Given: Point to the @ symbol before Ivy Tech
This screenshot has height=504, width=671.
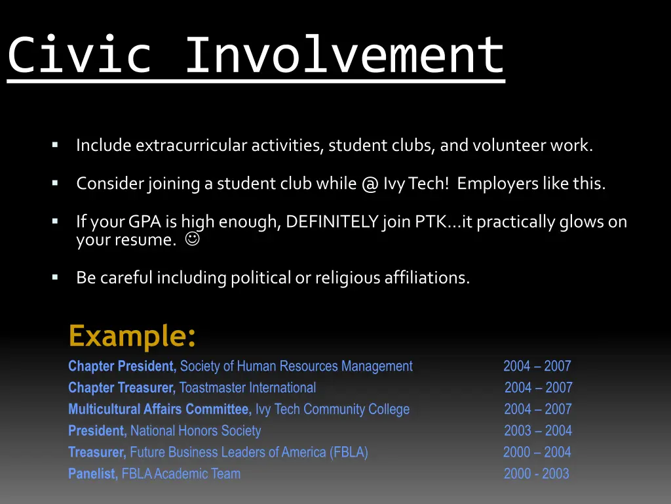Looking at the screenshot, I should click(369, 184).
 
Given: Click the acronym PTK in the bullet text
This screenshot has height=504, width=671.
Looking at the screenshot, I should click(431, 222).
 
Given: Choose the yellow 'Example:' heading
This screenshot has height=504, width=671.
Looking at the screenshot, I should click(132, 336).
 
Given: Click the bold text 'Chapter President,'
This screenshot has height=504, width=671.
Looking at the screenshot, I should click(123, 366).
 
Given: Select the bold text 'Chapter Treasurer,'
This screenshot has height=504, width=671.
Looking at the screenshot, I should click(122, 388).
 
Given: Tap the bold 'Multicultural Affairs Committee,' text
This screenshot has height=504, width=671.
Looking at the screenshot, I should click(160, 409).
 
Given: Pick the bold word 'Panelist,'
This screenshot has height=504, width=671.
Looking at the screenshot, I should click(93, 474).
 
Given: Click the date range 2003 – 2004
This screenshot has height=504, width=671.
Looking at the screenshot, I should click(537, 431).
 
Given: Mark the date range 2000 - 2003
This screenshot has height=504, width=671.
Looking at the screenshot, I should click(536, 474).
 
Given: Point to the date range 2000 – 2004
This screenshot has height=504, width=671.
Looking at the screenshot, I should click(537, 452).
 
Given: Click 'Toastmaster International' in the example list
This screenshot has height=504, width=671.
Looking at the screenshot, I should click(248, 388).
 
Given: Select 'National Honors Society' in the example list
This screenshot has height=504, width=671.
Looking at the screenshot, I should click(195, 431).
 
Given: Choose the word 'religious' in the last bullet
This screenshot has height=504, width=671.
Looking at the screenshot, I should click(345, 278).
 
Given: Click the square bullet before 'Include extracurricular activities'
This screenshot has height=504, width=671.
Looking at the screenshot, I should click(55, 144).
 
